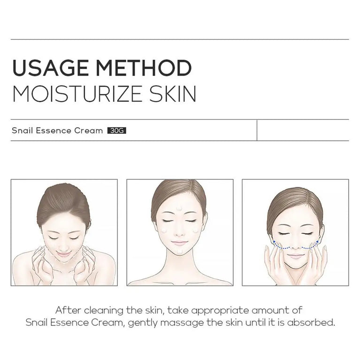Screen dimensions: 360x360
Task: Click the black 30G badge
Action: point(117,130)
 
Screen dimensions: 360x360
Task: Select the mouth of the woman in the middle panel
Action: point(180,243)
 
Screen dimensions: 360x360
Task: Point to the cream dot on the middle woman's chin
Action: point(180,253)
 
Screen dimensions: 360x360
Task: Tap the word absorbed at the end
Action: point(314,323)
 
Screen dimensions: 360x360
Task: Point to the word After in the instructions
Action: point(66,310)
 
